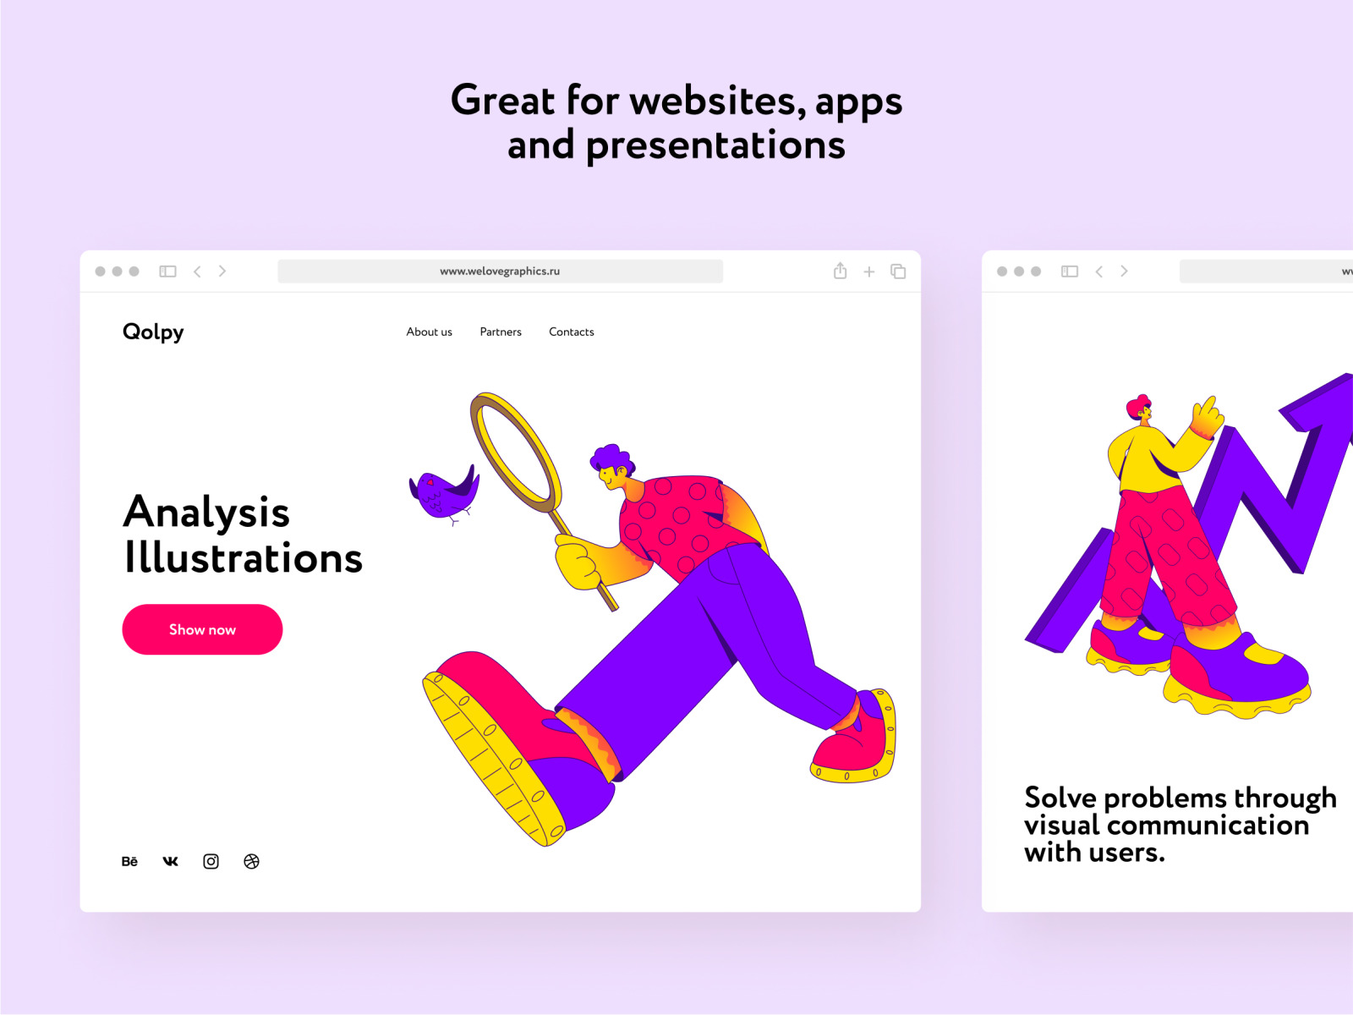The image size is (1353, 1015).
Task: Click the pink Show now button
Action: [x=202, y=629]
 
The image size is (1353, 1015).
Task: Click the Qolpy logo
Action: [x=153, y=332]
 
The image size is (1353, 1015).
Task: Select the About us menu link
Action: [x=429, y=332]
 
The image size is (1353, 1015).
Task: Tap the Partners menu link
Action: [x=501, y=332]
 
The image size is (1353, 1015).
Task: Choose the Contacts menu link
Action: [x=572, y=332]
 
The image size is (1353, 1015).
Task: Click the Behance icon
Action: [x=129, y=861]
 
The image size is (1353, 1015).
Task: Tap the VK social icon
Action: [x=170, y=861]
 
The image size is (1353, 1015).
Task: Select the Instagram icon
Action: [x=211, y=861]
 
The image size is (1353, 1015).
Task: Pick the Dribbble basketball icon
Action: [x=251, y=861]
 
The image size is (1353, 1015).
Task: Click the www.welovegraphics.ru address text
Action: [x=500, y=272]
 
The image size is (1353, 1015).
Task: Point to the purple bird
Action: [x=444, y=494]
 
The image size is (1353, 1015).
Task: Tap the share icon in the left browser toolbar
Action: [x=841, y=271]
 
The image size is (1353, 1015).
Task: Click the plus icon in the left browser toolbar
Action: [x=869, y=272]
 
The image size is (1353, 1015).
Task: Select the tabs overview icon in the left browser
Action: [x=898, y=272]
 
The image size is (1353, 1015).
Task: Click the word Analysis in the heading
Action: [x=206, y=513]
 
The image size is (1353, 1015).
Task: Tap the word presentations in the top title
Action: [x=715, y=146]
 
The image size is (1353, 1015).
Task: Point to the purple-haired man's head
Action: [x=612, y=467]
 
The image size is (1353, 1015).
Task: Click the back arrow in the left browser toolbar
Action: [x=197, y=272]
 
